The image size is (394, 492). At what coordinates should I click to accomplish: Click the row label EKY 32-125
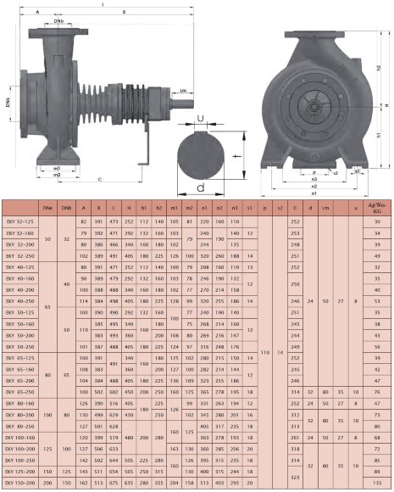pyautogui.click(x=19, y=221)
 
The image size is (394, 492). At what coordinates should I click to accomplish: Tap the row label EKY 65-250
pyautogui.click(x=19, y=392)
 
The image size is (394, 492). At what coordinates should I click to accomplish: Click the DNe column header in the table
pyautogui.click(x=47, y=207)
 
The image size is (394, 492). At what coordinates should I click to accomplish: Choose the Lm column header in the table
pyautogui.click(x=328, y=207)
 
